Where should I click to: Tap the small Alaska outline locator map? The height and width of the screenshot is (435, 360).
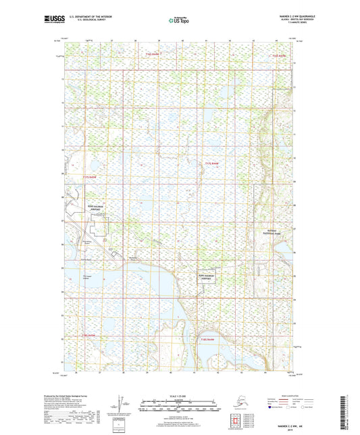coord(236,403)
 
